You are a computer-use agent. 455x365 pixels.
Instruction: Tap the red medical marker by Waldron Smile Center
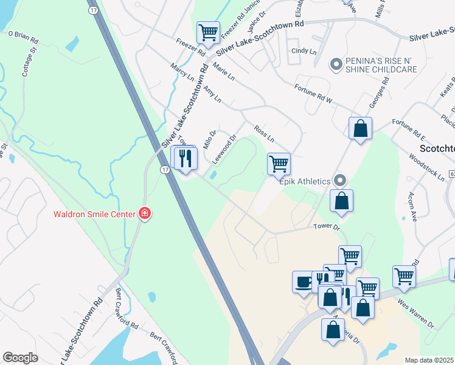[145, 213]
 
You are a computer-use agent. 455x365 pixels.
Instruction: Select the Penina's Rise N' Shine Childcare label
[381, 65]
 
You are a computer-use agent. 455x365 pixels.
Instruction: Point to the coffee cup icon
[303, 282]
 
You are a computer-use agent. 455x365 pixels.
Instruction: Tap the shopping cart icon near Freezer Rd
[209, 33]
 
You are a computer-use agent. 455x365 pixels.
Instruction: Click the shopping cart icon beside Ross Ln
[278, 163]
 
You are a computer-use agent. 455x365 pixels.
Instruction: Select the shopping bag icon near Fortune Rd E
[360, 128]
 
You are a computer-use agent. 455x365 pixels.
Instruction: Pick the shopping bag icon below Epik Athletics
[341, 201]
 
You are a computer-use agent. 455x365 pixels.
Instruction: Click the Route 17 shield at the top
[93, 10]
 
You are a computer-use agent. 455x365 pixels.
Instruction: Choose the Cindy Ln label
[304, 52]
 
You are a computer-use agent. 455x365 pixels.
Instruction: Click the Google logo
[20, 358]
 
